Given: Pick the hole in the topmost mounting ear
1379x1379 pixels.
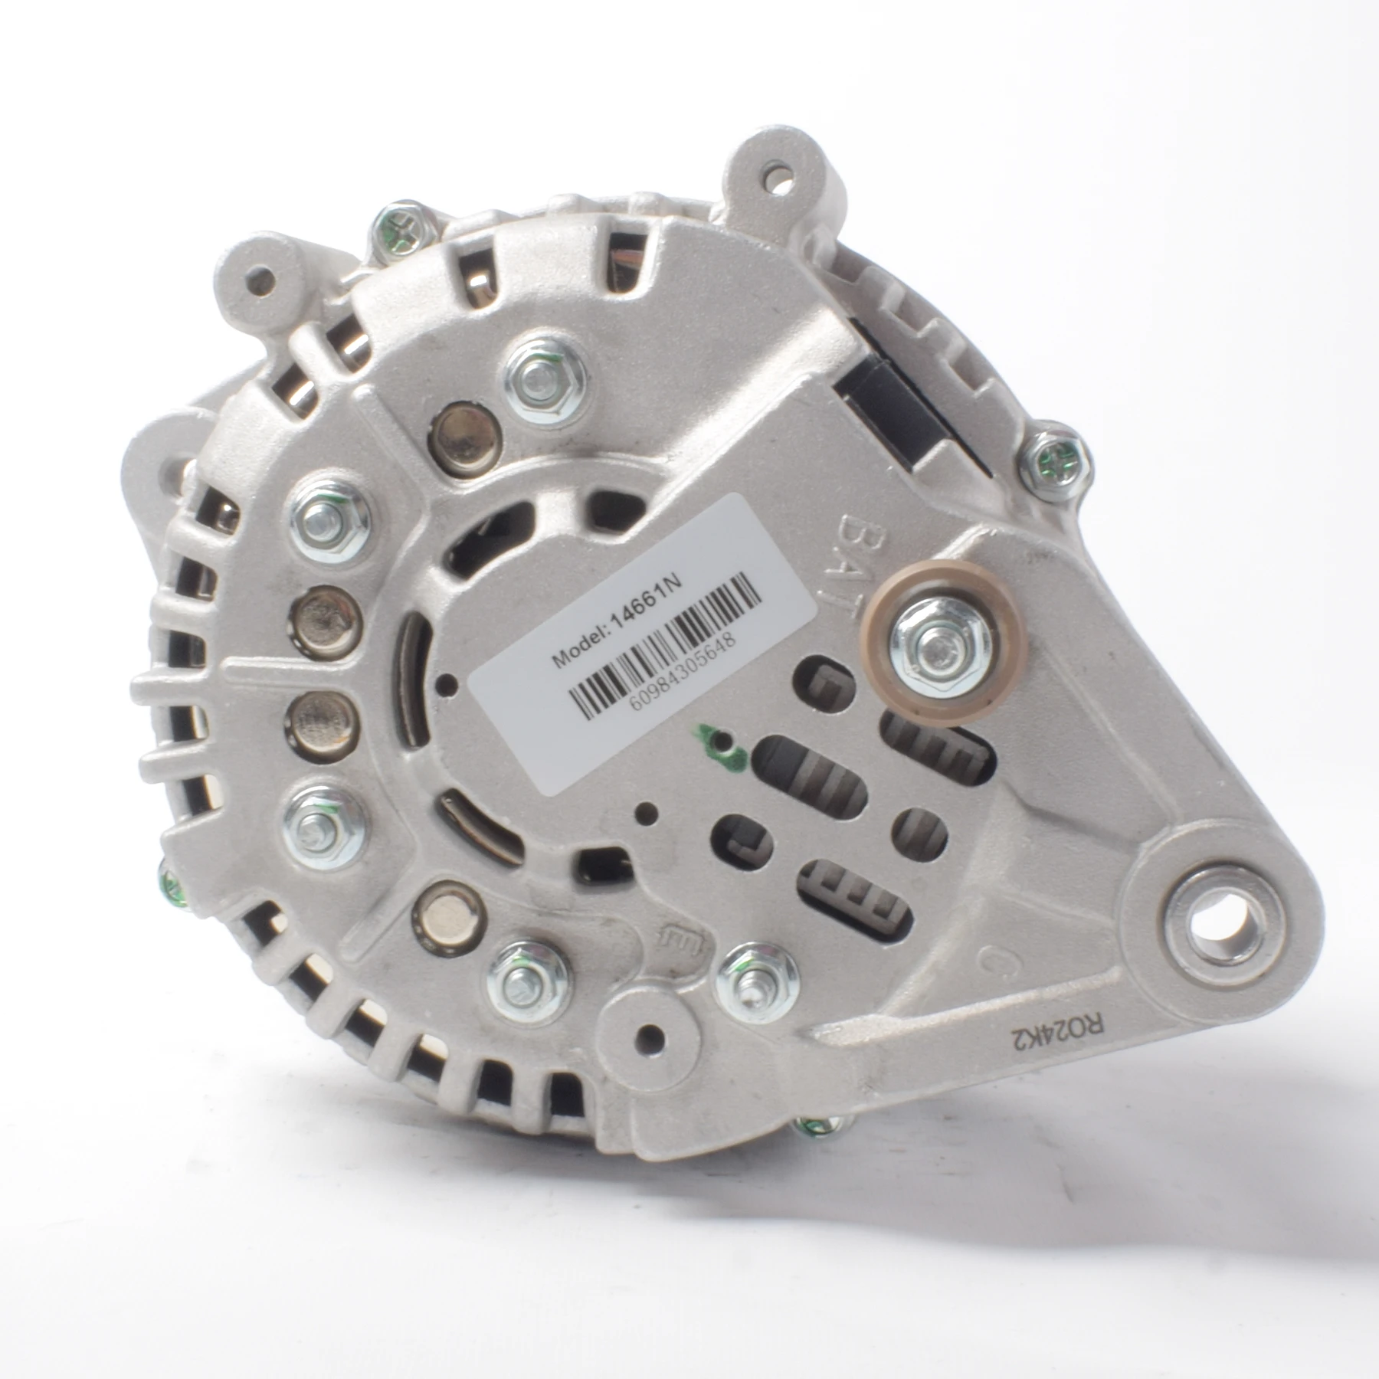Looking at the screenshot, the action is (x=784, y=184).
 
